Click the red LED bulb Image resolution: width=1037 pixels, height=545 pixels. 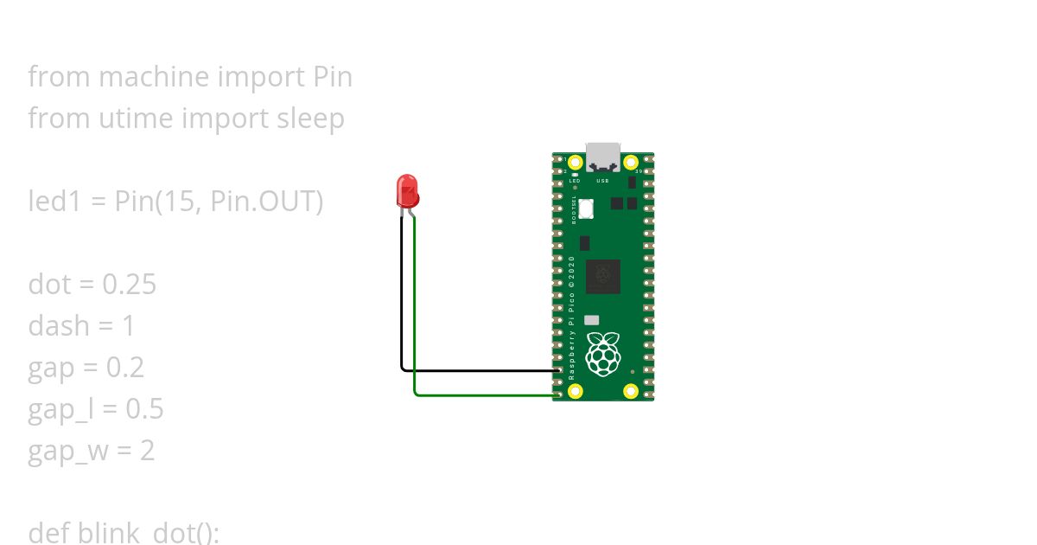click(x=407, y=189)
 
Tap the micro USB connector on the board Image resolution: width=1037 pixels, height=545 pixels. click(x=603, y=157)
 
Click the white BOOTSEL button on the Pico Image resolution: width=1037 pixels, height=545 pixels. click(x=587, y=208)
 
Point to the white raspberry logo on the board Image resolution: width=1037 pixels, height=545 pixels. click(x=602, y=354)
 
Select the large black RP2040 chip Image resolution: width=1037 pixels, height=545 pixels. click(x=602, y=276)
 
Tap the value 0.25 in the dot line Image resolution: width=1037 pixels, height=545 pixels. click(x=129, y=285)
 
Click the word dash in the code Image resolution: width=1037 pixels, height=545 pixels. click(x=59, y=326)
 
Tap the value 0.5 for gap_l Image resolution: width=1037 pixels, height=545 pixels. click(x=144, y=409)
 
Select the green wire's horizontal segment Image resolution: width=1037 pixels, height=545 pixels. click(x=484, y=395)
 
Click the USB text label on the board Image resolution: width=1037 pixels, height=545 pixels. click(x=603, y=181)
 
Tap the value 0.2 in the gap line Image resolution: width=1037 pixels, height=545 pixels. click(x=124, y=368)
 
